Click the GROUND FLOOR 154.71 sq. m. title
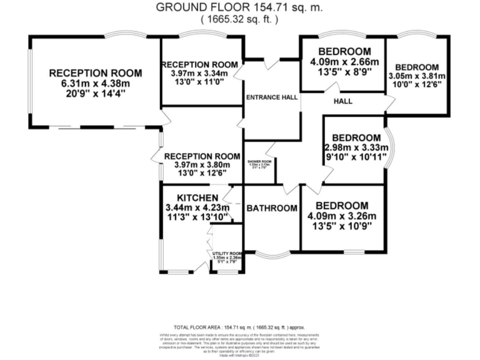(x=239, y=7)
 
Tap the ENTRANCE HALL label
(x=271, y=98)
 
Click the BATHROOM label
(x=271, y=208)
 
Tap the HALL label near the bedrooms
(x=342, y=101)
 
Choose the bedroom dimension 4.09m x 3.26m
(x=341, y=216)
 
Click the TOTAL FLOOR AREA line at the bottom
(x=239, y=327)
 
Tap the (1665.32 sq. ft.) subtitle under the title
(x=239, y=19)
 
